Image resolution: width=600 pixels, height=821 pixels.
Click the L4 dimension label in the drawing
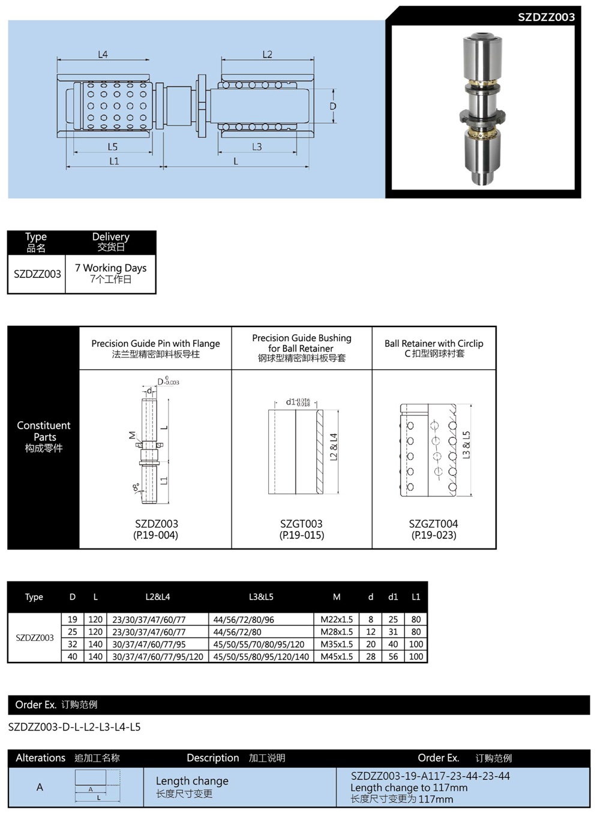coord(103,55)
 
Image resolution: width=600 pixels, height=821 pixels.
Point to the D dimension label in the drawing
coord(333,106)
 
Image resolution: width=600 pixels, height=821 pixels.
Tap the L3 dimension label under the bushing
coord(257,146)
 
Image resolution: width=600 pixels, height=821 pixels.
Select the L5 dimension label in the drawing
coord(113,146)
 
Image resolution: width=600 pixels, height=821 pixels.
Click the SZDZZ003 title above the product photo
coord(546,17)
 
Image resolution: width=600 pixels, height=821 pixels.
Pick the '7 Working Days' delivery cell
coord(110,273)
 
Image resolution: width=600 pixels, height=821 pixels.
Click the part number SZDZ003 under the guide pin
coord(156,523)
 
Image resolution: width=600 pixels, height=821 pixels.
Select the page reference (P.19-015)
coord(301,535)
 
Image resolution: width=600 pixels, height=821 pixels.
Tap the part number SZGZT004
coord(433,523)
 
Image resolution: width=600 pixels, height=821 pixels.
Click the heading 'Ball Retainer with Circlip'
coord(434,343)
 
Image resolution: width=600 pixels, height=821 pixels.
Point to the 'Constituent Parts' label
coord(44,431)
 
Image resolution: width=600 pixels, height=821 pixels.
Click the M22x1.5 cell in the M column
coord(337,619)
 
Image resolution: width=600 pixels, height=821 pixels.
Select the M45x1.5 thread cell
coord(337,657)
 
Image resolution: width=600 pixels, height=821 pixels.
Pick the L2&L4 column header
coord(158,597)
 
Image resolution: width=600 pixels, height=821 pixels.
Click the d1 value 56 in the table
coord(393,657)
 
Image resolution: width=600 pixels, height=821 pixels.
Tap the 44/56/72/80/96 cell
coord(244,619)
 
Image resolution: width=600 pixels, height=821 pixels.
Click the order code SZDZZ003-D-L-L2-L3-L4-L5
coord(74,727)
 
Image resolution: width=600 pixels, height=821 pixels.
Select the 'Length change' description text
coord(192,781)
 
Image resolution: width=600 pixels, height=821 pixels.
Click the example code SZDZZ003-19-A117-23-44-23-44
coord(430,776)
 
